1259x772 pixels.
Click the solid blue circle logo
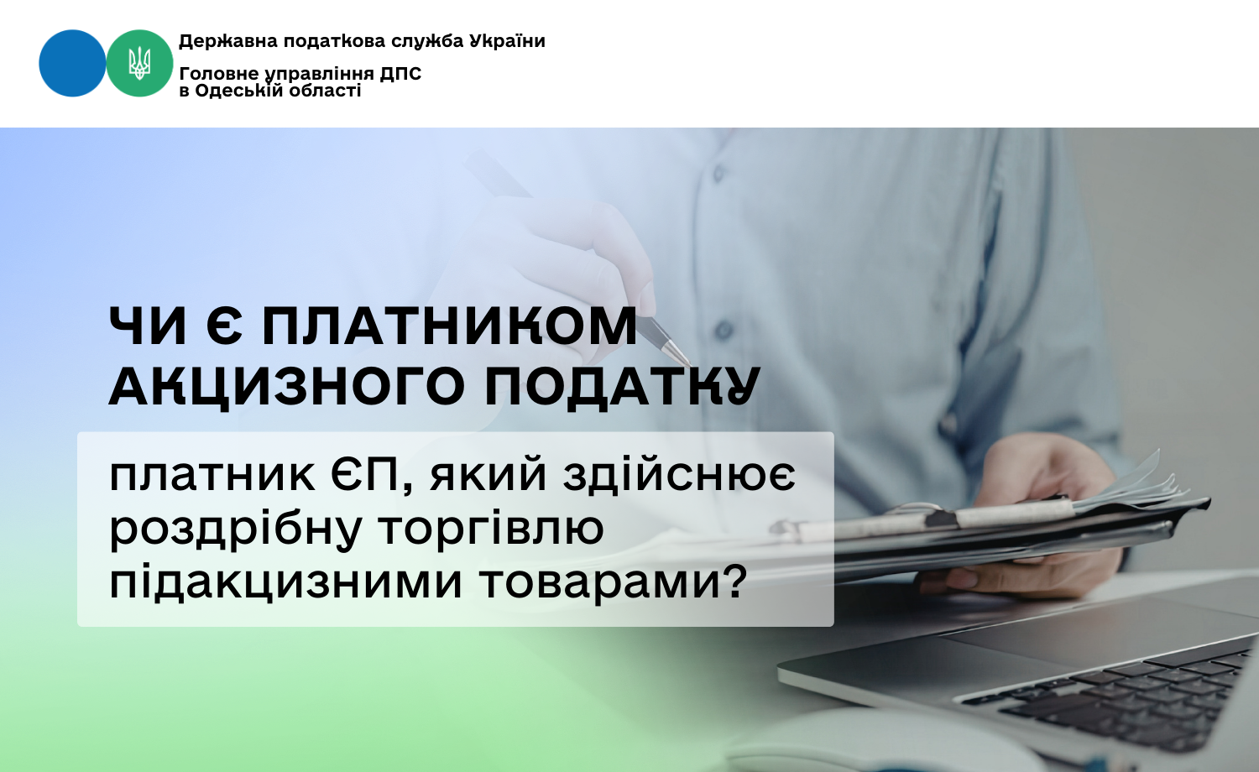tap(72, 64)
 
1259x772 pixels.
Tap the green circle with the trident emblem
tap(139, 64)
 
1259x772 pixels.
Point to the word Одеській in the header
tap(231, 91)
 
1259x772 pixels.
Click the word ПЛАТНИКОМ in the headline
tap(450, 327)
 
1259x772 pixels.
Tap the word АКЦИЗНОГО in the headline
tap(287, 387)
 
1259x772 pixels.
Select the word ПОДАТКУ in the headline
tap(622, 387)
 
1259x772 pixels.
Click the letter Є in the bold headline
tap(224, 327)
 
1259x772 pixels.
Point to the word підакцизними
tap(286, 582)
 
